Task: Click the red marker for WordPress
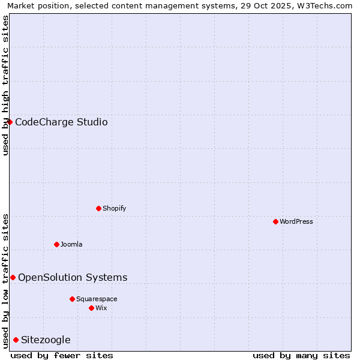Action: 275,221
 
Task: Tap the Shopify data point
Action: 98,208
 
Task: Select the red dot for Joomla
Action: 56,244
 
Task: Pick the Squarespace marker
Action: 72,299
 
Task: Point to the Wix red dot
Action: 91,308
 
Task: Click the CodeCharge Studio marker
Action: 10,122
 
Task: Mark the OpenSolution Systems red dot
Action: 13,277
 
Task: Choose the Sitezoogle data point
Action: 16,340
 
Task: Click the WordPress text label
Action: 296,221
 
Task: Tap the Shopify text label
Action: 114,208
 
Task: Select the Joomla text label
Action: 71,244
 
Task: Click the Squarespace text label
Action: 97,299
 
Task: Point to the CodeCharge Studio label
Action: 61,122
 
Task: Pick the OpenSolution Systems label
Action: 73,277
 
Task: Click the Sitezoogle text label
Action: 46,340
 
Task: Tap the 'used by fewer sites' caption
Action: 62,355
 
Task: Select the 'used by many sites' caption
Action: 301,355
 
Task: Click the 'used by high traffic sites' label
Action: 5,85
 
